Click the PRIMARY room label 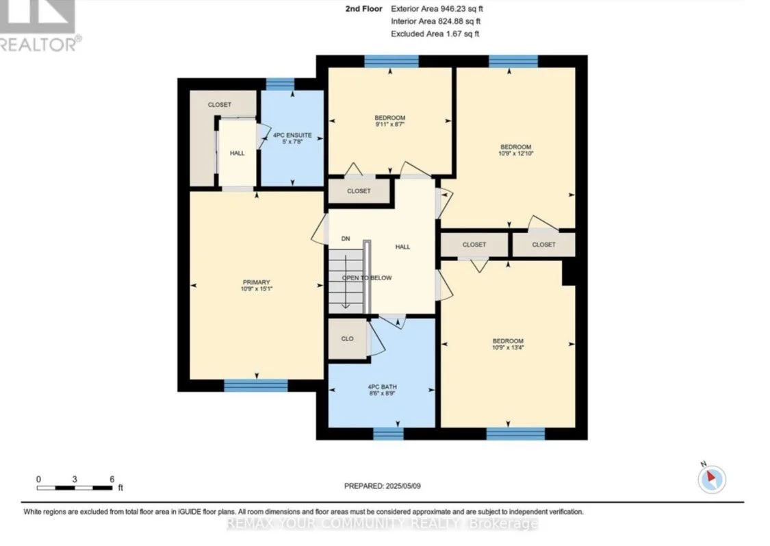tap(257, 282)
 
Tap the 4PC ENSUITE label tap(292, 135)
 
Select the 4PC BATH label tap(382, 387)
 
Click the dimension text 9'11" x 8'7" tap(390, 124)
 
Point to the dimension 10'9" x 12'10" tap(515, 153)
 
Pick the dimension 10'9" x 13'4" tap(509, 347)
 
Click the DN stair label tap(346, 239)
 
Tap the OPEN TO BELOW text tap(367, 277)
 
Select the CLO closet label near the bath tap(347, 338)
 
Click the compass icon tap(712, 479)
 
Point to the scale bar tap(75, 488)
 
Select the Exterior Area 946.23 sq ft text tap(437, 9)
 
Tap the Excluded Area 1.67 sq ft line tap(435, 34)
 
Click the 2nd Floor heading tap(364, 9)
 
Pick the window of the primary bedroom tap(256, 386)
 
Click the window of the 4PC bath tap(389, 434)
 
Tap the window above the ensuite tap(280, 84)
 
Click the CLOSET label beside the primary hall tap(220, 105)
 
